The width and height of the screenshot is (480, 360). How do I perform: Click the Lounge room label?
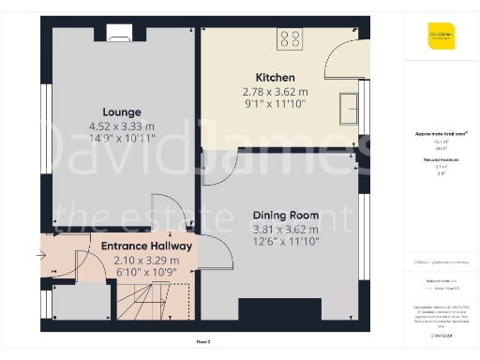point(122,112)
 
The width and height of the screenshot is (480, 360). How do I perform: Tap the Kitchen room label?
point(276,77)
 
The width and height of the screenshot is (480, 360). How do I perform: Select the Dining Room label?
point(286,215)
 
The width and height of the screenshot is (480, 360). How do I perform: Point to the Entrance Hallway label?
point(146,246)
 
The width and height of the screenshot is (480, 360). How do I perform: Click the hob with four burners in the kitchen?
point(290,39)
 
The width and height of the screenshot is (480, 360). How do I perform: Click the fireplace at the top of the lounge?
point(120,35)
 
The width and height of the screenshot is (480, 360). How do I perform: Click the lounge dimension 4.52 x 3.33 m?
point(122,127)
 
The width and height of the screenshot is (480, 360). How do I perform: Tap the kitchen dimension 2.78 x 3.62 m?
point(276,92)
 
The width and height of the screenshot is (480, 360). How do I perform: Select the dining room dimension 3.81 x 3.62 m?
point(286,229)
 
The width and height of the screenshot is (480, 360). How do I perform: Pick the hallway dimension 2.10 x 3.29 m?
point(146,260)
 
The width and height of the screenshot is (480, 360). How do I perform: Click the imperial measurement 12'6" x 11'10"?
point(286,242)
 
